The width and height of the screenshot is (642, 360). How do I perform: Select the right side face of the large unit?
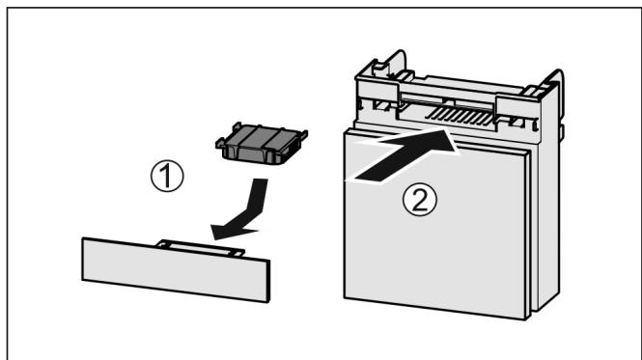[543, 222]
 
